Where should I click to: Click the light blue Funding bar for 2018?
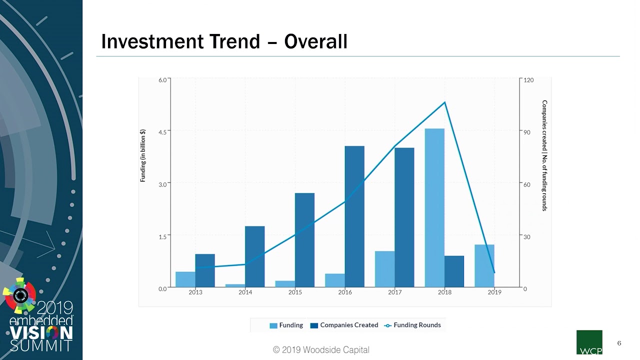(x=434, y=207)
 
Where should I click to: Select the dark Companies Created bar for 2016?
(x=354, y=216)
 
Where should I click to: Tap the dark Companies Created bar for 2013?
(x=205, y=270)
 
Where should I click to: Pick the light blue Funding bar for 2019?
(x=484, y=265)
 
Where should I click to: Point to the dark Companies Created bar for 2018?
(x=454, y=271)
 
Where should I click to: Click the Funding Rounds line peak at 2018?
(x=444, y=102)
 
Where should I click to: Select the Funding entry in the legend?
(x=286, y=325)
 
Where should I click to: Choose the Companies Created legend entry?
(x=344, y=325)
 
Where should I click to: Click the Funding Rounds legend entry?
(x=412, y=325)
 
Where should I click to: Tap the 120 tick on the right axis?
(x=529, y=80)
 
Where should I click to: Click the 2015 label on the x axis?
(x=295, y=292)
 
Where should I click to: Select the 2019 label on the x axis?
(x=494, y=292)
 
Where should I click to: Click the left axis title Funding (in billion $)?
(x=143, y=155)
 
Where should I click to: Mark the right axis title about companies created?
(x=544, y=155)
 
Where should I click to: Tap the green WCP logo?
(x=589, y=342)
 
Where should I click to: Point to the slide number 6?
(x=619, y=343)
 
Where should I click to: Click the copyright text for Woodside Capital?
(x=321, y=350)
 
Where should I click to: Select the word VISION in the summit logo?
(x=41, y=332)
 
